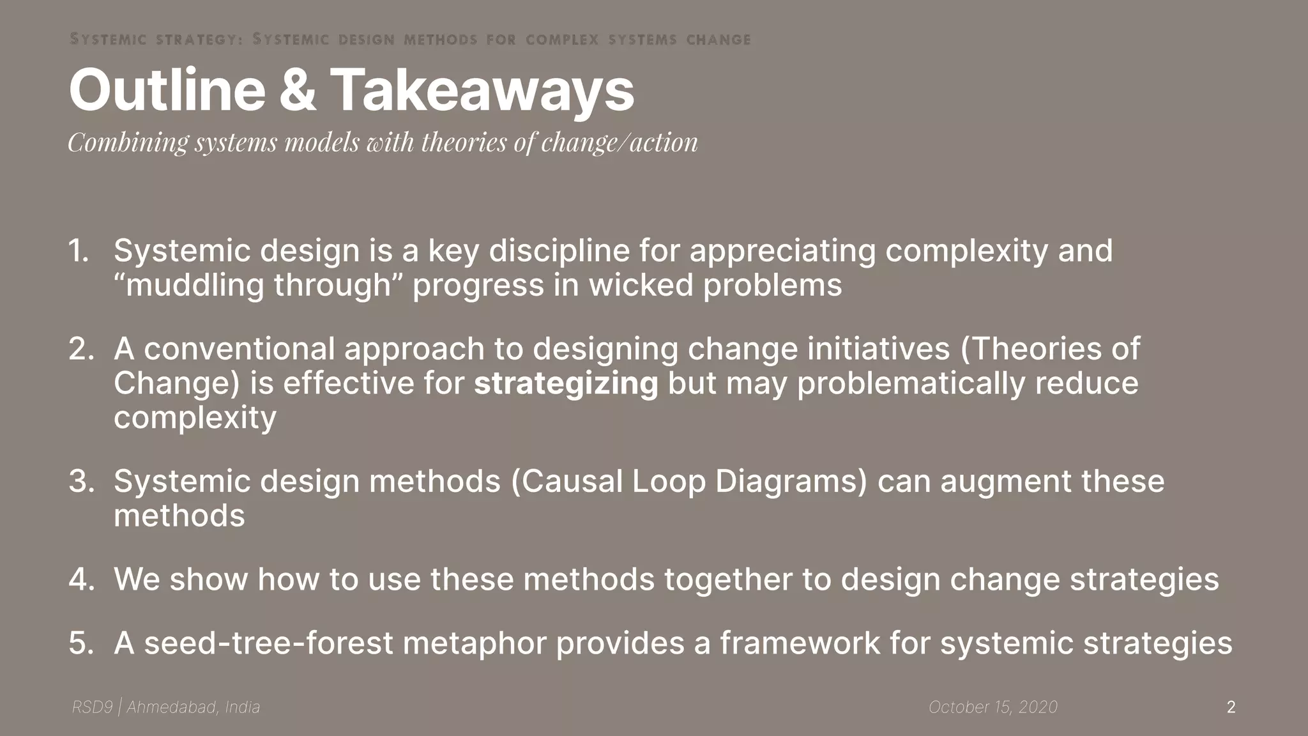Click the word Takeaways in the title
point(482,91)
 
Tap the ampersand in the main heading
point(297,91)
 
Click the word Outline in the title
point(167,91)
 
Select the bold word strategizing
point(566,383)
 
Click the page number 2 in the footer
point(1231,707)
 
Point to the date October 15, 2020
point(992,707)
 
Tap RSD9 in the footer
point(92,707)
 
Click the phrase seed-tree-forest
point(268,643)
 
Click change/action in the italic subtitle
point(619,142)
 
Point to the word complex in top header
point(562,40)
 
